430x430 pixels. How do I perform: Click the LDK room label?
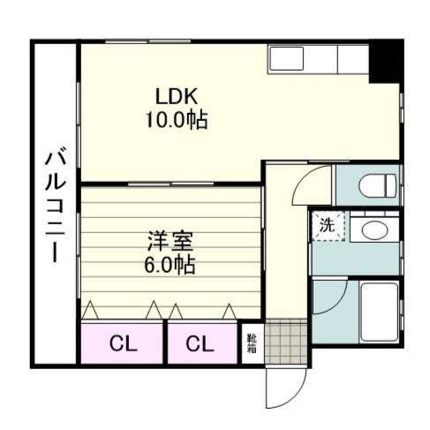tap(177, 96)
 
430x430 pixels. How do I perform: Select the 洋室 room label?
tap(170, 240)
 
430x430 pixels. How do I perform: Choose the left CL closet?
tap(123, 343)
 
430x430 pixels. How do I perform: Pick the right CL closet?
tap(200, 343)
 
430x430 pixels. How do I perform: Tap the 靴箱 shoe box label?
tap(252, 341)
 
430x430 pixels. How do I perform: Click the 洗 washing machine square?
tap(327, 224)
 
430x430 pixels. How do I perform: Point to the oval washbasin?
tap(374, 230)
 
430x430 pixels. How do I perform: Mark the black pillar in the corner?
tap(385, 61)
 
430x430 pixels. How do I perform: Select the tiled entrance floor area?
tap(284, 342)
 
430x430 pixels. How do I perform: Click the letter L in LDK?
tap(161, 96)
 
